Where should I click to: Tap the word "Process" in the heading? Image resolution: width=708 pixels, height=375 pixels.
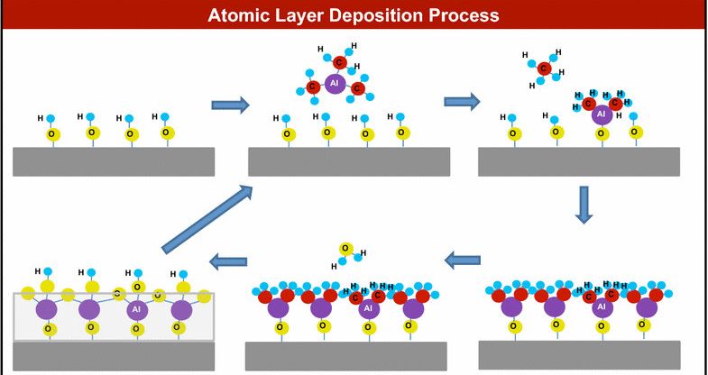pos(465,15)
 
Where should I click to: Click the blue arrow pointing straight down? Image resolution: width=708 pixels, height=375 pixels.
pos(584,205)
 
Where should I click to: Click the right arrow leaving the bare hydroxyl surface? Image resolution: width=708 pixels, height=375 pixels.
pos(230,105)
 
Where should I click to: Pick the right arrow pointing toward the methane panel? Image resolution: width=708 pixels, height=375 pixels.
pos(461,101)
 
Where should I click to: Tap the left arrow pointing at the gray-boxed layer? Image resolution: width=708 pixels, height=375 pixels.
pos(228,262)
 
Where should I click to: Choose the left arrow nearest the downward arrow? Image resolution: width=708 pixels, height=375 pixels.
pos(463,261)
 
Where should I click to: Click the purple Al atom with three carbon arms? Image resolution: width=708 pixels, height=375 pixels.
pos(335,83)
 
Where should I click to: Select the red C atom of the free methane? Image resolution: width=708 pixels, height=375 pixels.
pos(544,68)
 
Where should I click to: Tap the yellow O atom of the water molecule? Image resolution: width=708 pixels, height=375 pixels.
pos(345,249)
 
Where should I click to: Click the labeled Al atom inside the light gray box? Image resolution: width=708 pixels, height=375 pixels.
pos(135,309)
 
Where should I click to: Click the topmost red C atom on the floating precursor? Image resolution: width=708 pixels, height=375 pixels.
pos(340,61)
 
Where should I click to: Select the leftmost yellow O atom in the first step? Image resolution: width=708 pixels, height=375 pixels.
pos(51,133)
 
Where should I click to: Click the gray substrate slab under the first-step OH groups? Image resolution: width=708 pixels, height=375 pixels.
pos(113,161)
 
